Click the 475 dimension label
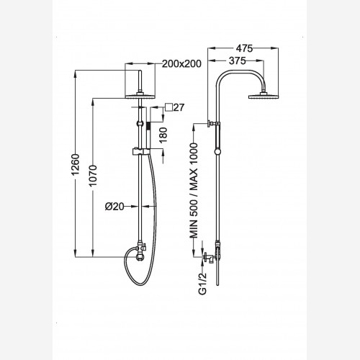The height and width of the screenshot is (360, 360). [244, 48]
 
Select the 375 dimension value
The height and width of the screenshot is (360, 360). [238, 60]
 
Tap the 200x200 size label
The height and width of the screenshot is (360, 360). [181, 64]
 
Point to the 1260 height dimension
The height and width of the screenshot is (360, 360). [76, 165]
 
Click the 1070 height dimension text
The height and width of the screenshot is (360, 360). [93, 176]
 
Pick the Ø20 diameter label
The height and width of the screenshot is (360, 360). [114, 206]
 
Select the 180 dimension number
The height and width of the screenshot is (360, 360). [163, 135]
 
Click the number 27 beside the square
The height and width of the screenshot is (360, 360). [179, 107]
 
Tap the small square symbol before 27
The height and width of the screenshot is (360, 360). [168, 107]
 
